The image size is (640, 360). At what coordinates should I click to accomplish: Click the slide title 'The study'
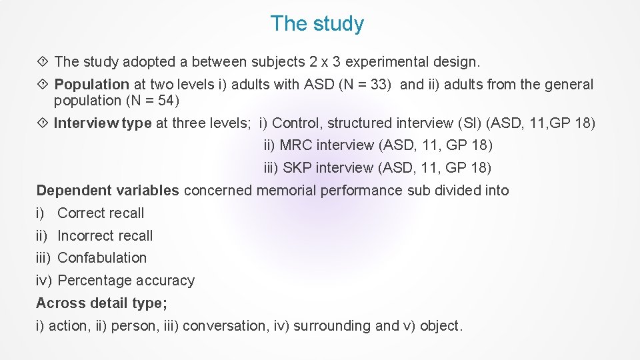(x=317, y=24)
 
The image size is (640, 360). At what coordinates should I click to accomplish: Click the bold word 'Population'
(x=91, y=85)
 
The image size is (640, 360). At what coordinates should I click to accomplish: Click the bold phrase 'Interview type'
(x=102, y=123)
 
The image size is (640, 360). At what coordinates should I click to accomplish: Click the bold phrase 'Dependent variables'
(x=107, y=191)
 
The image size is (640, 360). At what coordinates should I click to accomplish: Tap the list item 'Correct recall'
(x=101, y=213)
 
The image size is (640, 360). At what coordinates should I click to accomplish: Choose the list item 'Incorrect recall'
(x=105, y=236)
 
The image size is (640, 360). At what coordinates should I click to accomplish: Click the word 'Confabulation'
(x=102, y=258)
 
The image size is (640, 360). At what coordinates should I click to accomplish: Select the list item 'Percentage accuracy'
(x=126, y=281)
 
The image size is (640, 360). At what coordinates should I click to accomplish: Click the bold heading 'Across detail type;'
(x=101, y=303)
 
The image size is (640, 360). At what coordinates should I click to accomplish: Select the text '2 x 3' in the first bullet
(x=325, y=62)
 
